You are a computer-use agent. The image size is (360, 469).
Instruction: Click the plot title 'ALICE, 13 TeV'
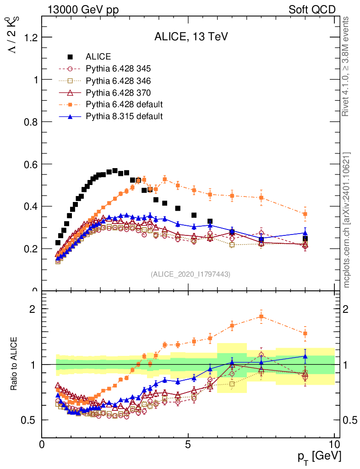pos(188,37)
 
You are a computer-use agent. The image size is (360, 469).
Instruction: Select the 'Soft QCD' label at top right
pos(312,10)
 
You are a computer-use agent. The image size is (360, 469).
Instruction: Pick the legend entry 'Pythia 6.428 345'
pos(118,69)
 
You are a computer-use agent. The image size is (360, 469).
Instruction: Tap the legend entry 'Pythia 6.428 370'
pos(118,93)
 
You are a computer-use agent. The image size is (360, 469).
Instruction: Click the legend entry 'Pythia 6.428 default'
pos(124,104)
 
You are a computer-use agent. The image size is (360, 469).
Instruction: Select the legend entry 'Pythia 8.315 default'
pos(124,116)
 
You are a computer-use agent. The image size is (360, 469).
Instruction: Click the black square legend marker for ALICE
pos(70,57)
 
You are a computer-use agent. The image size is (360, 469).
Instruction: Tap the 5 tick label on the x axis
pos(188,444)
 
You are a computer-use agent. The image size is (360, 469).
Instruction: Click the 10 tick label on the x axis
pos(334,444)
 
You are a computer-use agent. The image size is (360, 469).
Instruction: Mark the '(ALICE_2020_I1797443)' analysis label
pos(190,274)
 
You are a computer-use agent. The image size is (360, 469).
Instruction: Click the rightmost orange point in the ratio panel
pos(305,333)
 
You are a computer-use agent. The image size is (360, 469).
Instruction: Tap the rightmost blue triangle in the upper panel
pos(305,233)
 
